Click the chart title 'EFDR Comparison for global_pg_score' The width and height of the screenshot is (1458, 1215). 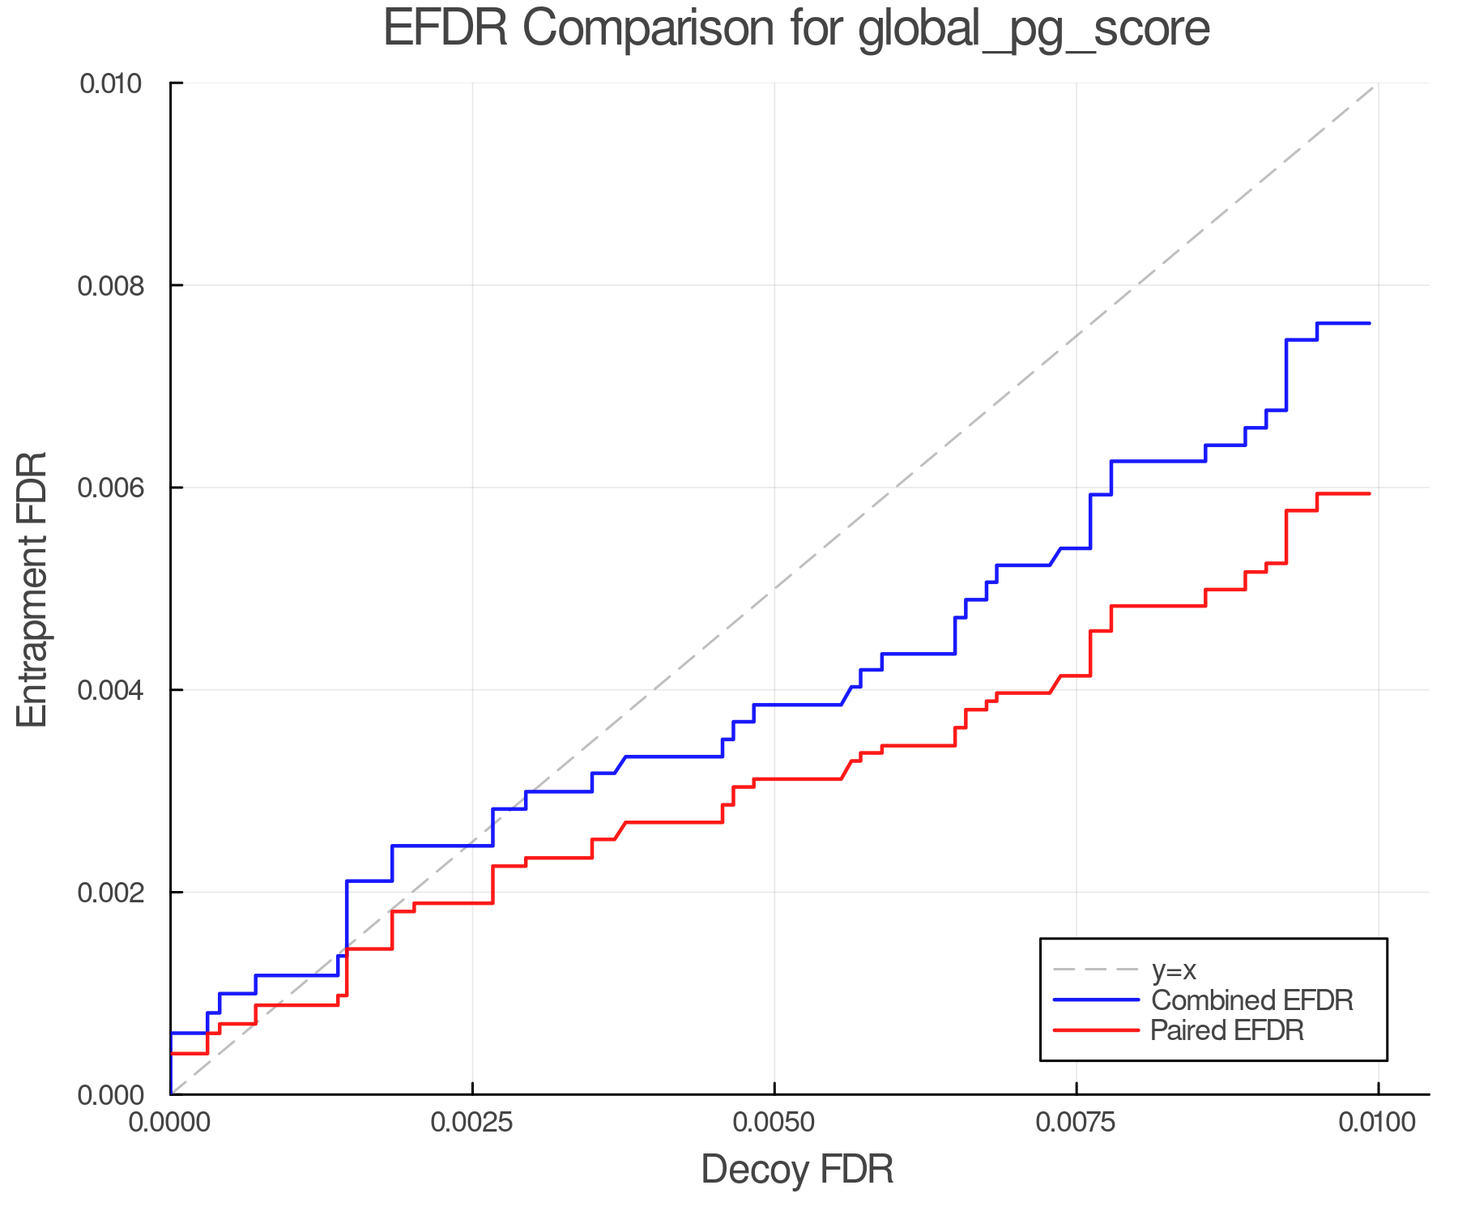[x=796, y=28]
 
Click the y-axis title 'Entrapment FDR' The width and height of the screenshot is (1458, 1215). [x=32, y=590]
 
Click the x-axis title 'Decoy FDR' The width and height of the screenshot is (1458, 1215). [x=797, y=1170]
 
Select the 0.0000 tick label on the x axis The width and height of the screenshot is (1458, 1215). [x=171, y=1123]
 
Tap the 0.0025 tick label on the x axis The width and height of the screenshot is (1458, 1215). [x=472, y=1123]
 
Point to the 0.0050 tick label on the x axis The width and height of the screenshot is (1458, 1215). [x=774, y=1123]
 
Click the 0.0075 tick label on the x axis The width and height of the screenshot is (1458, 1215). [x=1076, y=1123]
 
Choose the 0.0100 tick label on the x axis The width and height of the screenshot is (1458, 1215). [x=1378, y=1123]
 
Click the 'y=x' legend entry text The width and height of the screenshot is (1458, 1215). [x=1174, y=970]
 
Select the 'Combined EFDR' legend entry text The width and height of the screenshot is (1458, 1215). [x=1251, y=1000]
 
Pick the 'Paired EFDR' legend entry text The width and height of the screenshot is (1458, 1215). [x=1227, y=1030]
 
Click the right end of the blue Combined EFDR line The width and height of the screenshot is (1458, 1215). [x=1369, y=323]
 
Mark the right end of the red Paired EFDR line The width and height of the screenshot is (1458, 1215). [x=1369, y=493]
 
